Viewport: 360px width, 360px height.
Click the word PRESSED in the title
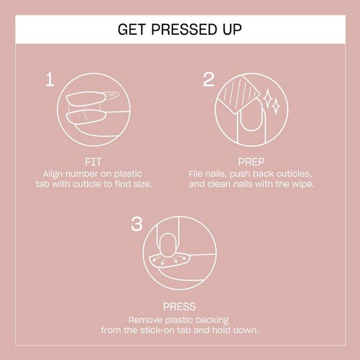click(179, 29)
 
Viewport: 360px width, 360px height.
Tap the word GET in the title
click(131, 29)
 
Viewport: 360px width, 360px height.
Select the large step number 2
click(209, 80)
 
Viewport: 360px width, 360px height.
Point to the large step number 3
click(137, 224)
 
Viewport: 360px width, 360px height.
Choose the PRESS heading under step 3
click(179, 307)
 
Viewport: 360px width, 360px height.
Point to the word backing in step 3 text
click(213, 319)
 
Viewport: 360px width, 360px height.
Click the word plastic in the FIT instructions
click(146, 172)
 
